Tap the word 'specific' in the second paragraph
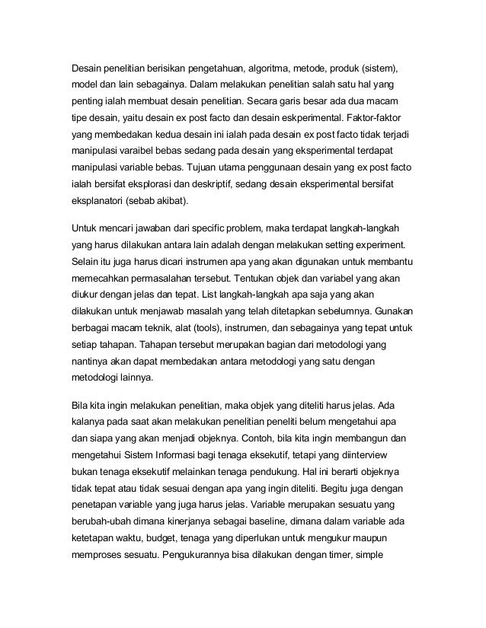pyautogui.click(x=218, y=228)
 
